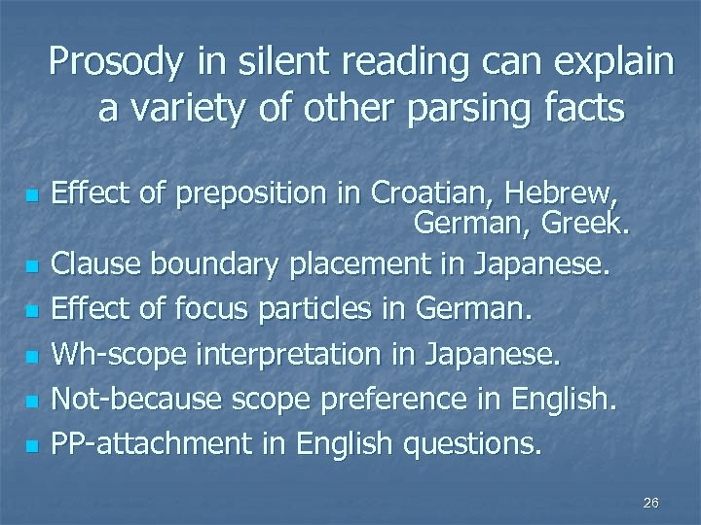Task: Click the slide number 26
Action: pos(651,502)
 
